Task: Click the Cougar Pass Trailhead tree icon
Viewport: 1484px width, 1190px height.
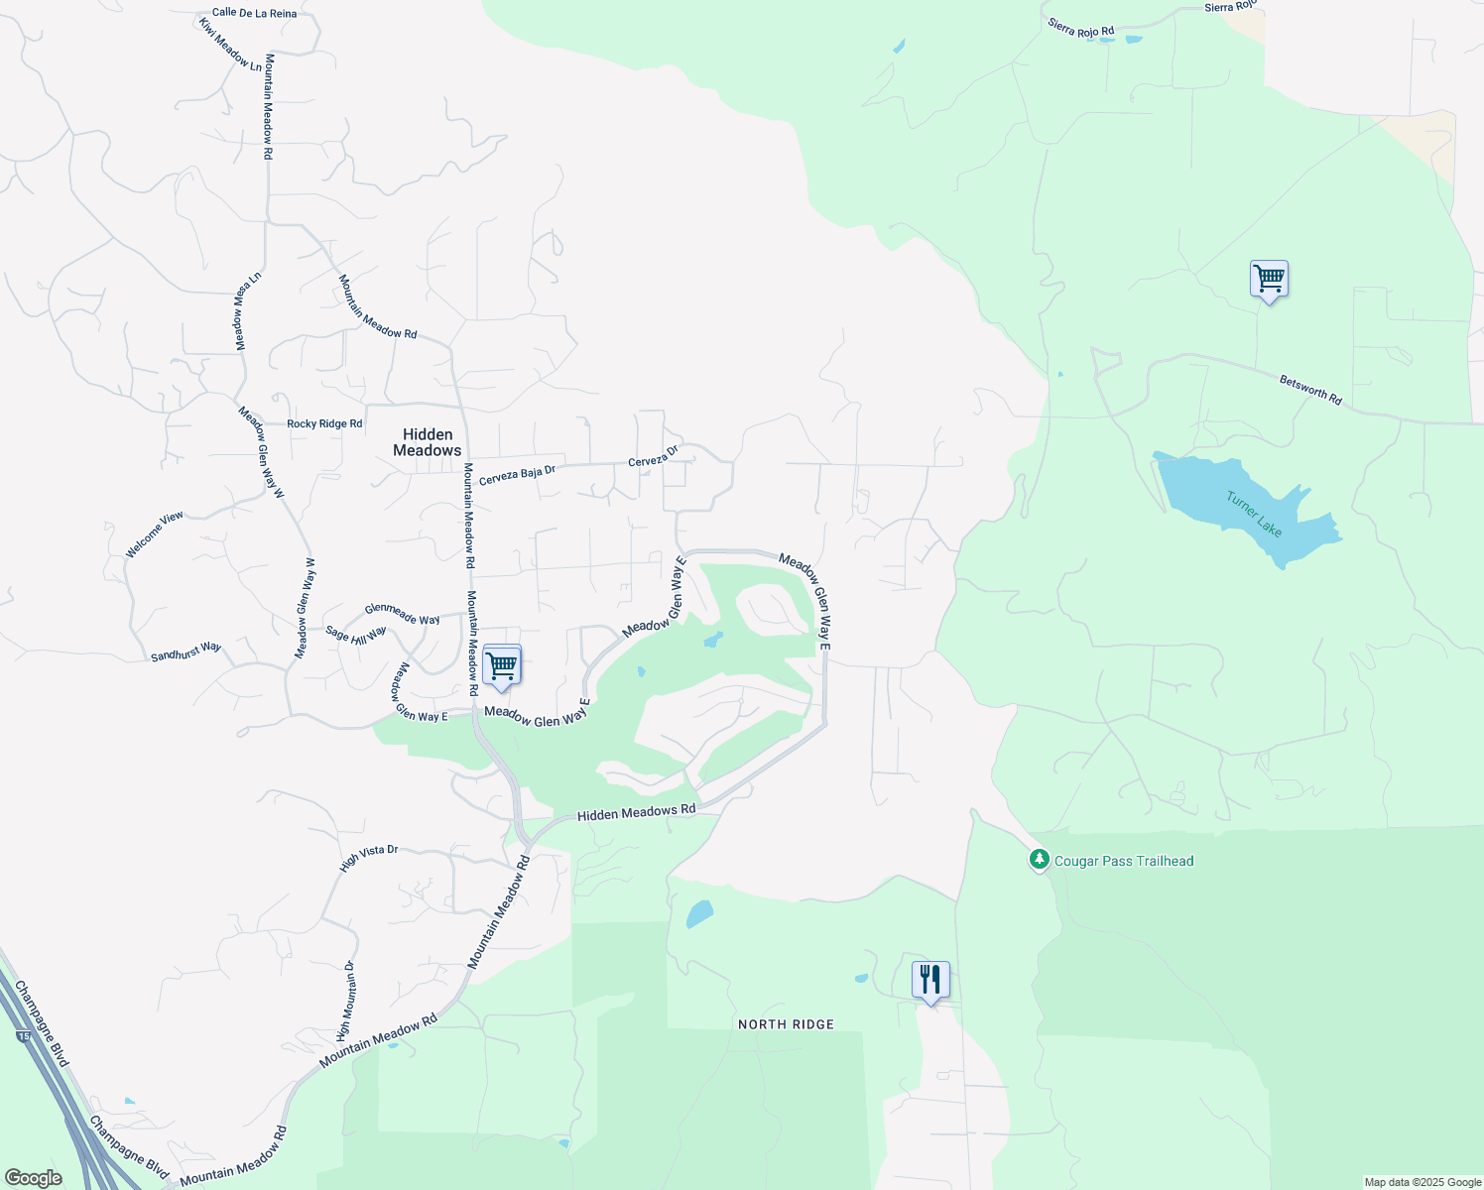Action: (1039, 860)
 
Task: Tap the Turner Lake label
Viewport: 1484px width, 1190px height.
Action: (1254, 514)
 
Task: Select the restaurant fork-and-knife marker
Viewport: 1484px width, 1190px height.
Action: (929, 980)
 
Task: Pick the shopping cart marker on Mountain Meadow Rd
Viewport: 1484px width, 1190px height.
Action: (502, 665)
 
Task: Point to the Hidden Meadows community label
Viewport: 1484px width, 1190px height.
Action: (428, 442)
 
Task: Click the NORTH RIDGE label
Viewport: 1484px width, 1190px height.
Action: (786, 1024)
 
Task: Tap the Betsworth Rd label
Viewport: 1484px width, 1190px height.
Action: (1310, 390)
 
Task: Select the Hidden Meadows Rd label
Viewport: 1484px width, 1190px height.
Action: (636, 813)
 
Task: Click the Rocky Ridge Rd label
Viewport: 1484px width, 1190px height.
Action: (324, 423)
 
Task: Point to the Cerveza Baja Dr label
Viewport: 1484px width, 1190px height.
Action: (517, 475)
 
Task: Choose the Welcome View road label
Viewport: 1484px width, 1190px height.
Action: (154, 535)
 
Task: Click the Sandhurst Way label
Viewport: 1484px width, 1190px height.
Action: (185, 652)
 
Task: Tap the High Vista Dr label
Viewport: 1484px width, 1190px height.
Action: (368, 858)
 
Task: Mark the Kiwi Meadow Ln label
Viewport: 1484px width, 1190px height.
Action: (230, 45)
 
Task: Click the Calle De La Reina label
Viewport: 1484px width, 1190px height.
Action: (254, 13)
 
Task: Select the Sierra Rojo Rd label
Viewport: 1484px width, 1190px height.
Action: (1080, 28)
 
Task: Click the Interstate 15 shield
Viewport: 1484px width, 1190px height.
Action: (23, 1035)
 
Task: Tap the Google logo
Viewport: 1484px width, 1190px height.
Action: (33, 1178)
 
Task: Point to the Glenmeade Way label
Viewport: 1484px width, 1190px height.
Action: (402, 615)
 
